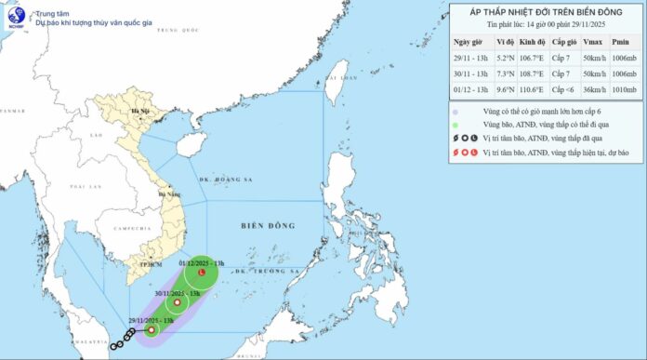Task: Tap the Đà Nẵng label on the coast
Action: click(x=168, y=194)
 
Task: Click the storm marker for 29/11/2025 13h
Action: click(x=151, y=327)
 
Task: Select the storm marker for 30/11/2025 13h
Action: click(x=177, y=302)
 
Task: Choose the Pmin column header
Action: click(x=624, y=42)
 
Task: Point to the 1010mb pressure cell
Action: click(x=624, y=89)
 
